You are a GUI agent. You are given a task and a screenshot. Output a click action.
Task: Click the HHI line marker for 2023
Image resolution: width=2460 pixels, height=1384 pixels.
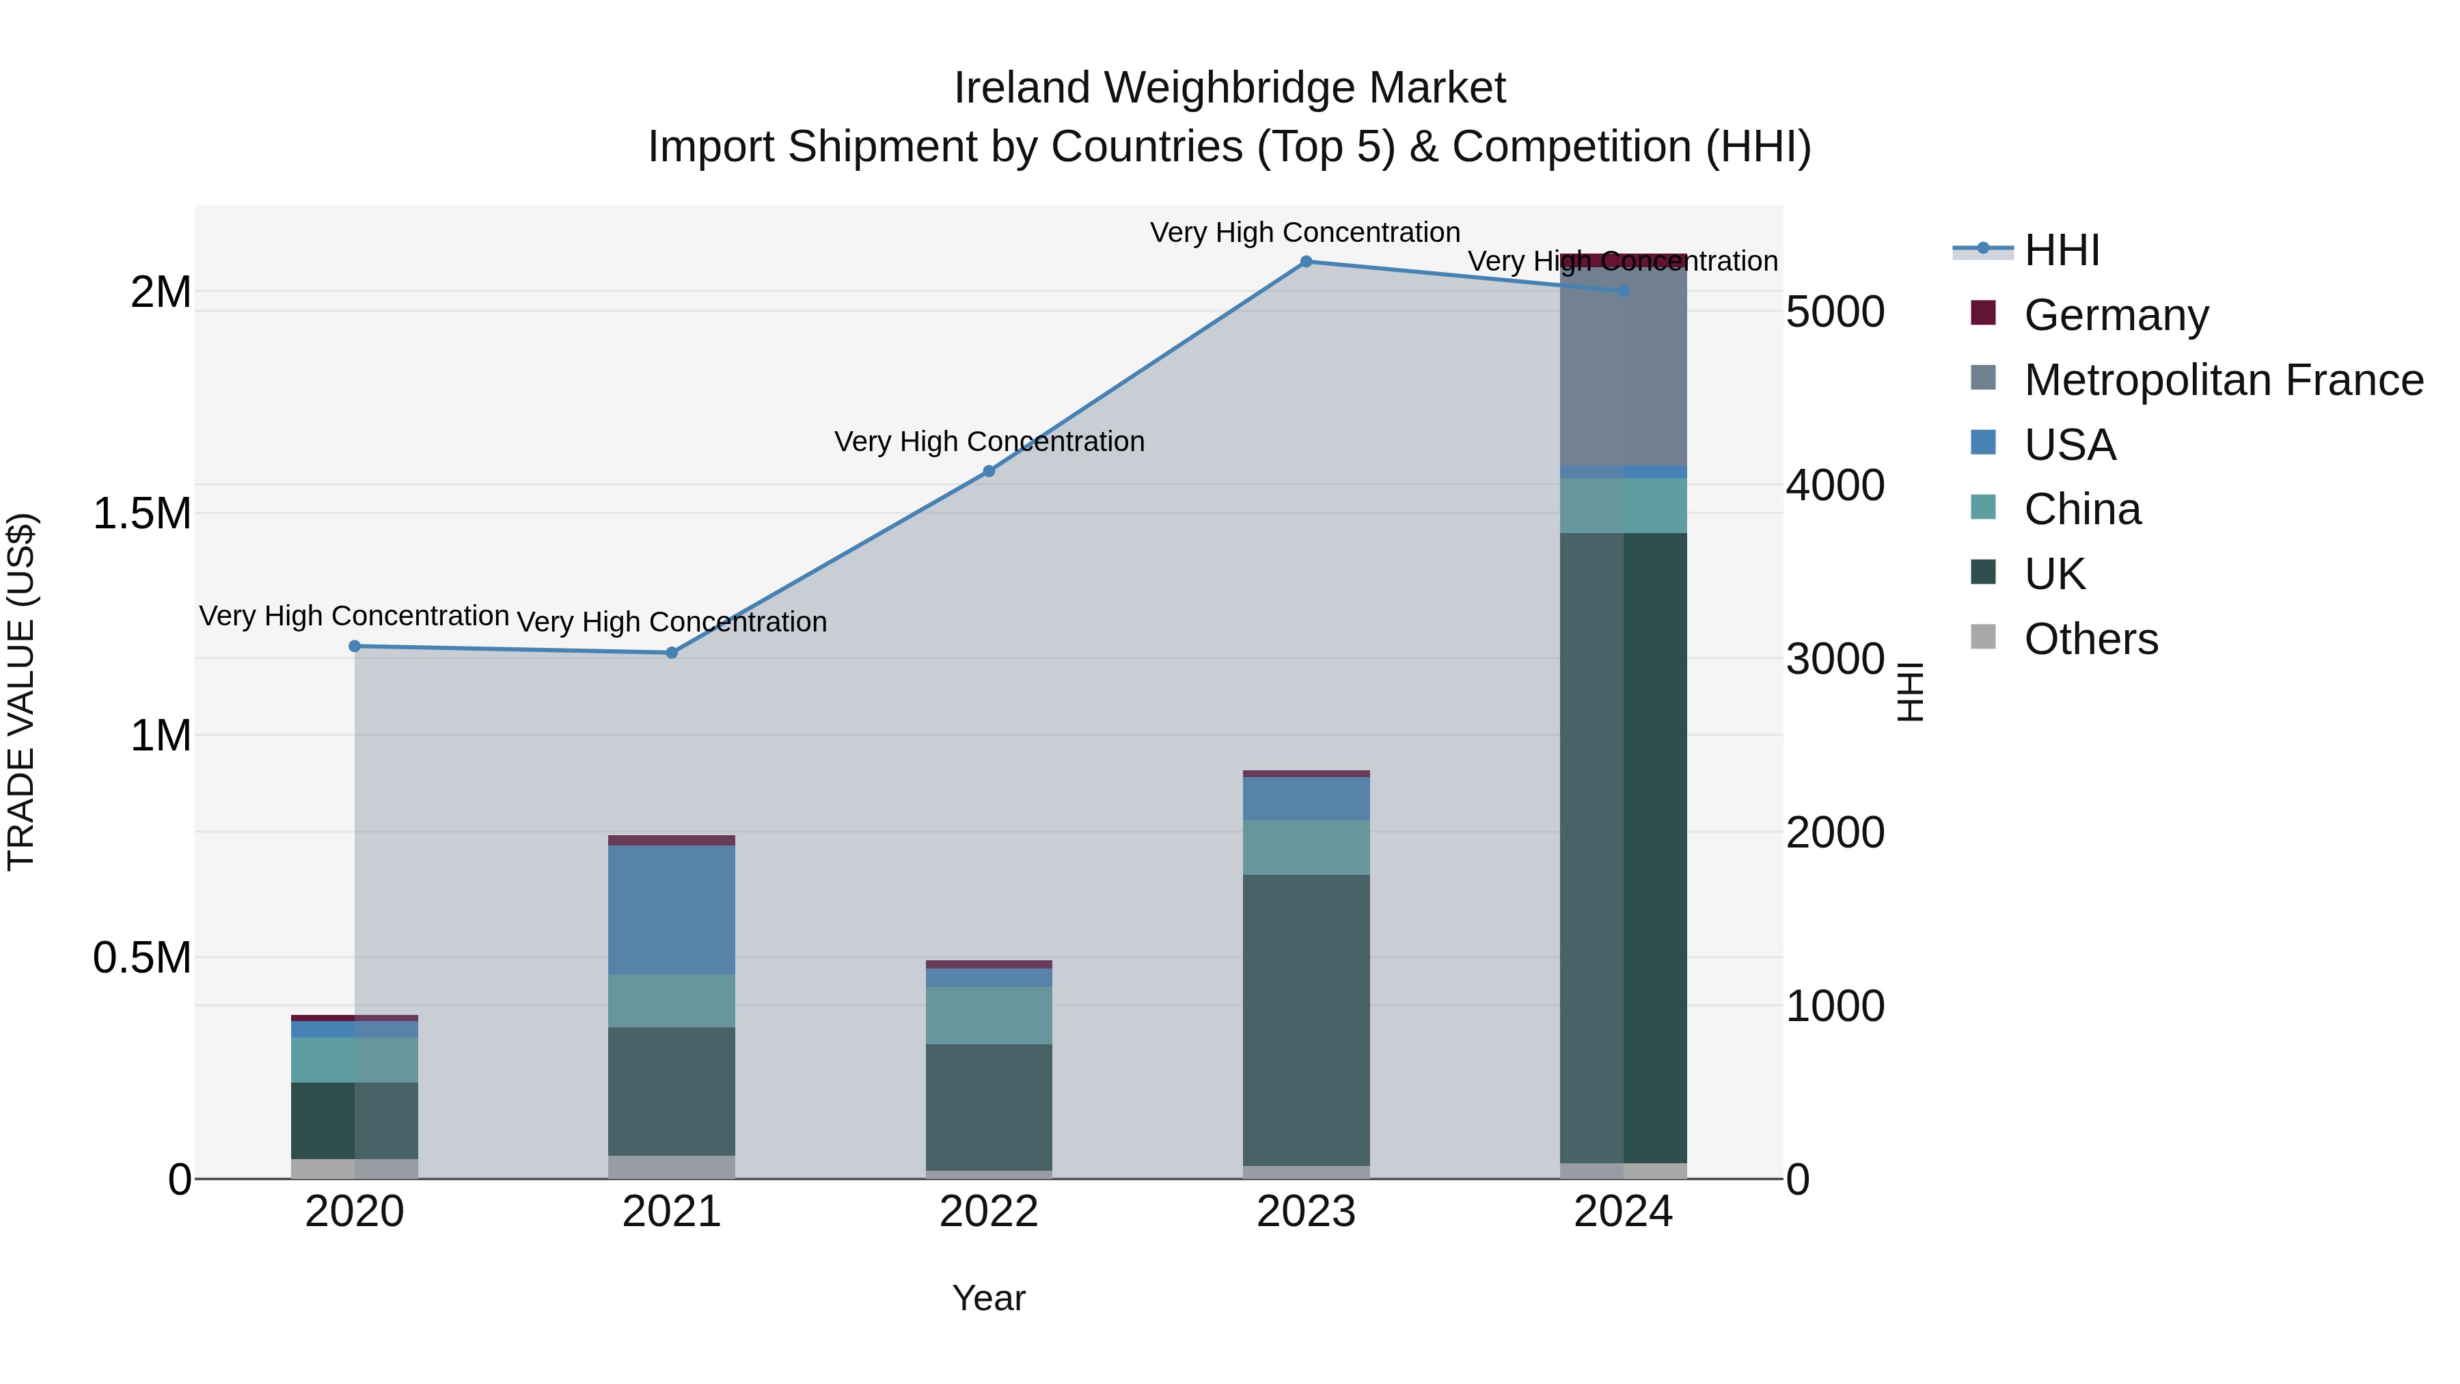coord(1305,262)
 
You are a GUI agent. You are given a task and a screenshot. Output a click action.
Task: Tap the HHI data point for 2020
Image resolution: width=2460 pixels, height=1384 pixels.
coord(354,647)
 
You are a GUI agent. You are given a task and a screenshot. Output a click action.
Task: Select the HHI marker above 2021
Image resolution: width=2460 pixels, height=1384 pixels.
coord(671,653)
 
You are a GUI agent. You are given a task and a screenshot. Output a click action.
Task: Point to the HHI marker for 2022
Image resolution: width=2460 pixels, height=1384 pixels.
coord(988,471)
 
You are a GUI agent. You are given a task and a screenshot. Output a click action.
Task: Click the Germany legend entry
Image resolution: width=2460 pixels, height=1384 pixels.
coord(2115,315)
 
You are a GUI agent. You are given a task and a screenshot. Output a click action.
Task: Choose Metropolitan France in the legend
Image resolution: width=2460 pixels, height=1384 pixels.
coord(2223,380)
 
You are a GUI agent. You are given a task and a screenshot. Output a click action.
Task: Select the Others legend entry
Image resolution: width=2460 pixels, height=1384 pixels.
coord(2090,639)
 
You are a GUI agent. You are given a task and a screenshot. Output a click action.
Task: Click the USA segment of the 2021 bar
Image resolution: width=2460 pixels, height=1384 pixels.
coord(671,909)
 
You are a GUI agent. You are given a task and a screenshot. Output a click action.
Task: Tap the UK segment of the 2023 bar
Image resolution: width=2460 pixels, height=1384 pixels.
coord(1305,1019)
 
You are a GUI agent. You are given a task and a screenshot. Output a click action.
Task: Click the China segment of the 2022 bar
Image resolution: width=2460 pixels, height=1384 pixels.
coord(988,1016)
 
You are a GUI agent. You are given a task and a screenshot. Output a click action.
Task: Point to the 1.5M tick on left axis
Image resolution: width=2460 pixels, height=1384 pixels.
coord(142,514)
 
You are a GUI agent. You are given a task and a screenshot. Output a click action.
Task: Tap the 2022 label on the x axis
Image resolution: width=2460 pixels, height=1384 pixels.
coord(988,1212)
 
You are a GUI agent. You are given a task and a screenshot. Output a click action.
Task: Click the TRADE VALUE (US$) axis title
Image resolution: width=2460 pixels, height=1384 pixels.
coord(21,692)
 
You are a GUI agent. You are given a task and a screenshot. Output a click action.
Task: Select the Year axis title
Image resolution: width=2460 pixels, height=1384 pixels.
coord(988,1298)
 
